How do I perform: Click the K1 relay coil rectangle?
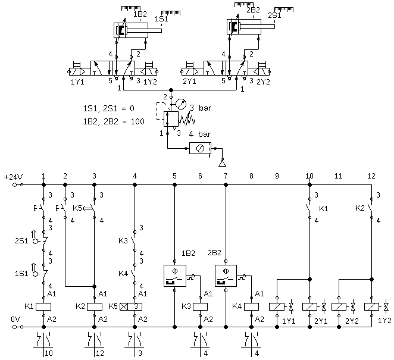[x=43, y=306]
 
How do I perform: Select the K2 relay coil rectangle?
[x=95, y=306]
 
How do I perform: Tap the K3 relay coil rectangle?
[x=200, y=306]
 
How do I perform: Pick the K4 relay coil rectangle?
[x=251, y=306]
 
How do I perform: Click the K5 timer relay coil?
[x=131, y=306]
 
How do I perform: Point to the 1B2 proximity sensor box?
[x=175, y=276]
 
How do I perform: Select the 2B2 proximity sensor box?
[x=226, y=276]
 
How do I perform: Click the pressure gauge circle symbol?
[x=181, y=104]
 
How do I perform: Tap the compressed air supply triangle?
[x=222, y=164]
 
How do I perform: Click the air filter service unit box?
[x=200, y=149]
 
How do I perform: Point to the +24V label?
[x=13, y=177]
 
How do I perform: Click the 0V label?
[x=15, y=320]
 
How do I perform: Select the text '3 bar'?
[x=200, y=108]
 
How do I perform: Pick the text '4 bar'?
[x=199, y=134]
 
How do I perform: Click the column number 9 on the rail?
[x=277, y=176]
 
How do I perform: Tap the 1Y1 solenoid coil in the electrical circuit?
[x=277, y=306]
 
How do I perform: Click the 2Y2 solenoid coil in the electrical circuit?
[x=339, y=306]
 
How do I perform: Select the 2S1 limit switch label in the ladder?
[x=21, y=241]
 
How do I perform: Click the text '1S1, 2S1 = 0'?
[x=108, y=108]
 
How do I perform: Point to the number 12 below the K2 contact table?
[x=100, y=353]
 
